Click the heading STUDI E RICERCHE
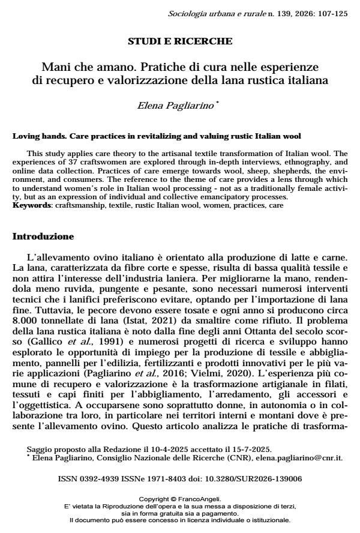[180, 41]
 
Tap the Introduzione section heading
[43, 236]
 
